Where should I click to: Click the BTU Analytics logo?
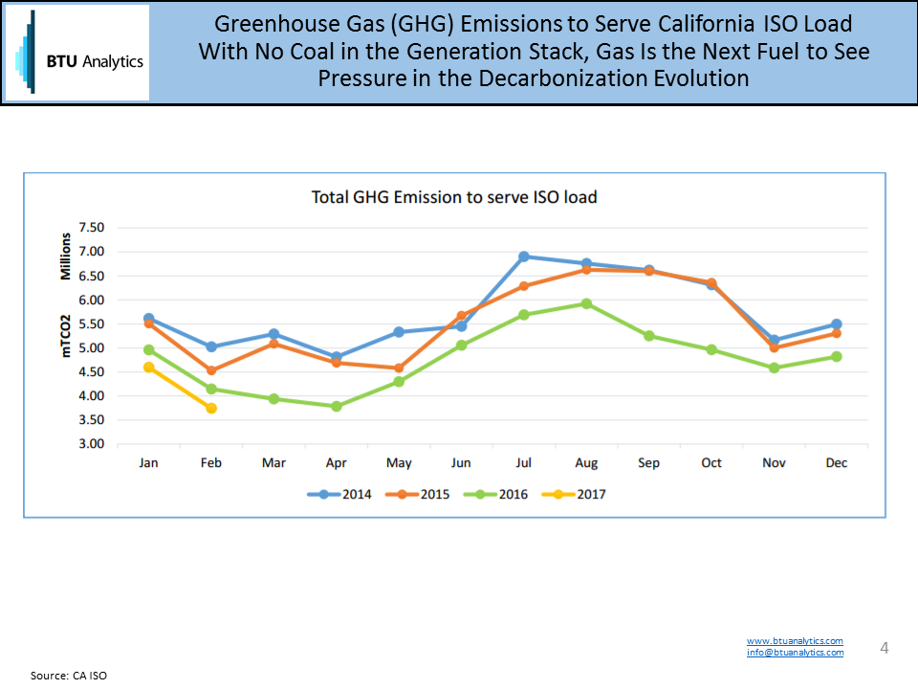tap(77, 53)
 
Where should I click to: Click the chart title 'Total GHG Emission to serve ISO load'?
tap(454, 197)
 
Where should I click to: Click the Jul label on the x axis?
tap(523, 463)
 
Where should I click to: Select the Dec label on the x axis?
tap(836, 463)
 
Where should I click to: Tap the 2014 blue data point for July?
tap(524, 256)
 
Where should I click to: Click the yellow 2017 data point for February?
tap(211, 408)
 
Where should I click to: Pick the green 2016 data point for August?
tap(586, 303)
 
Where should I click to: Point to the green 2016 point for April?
tap(337, 406)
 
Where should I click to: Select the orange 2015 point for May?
tap(399, 367)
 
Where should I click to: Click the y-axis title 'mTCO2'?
tap(67, 334)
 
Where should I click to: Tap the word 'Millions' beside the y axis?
tap(67, 256)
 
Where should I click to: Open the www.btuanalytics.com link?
tap(795, 640)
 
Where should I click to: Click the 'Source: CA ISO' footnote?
tap(69, 676)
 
